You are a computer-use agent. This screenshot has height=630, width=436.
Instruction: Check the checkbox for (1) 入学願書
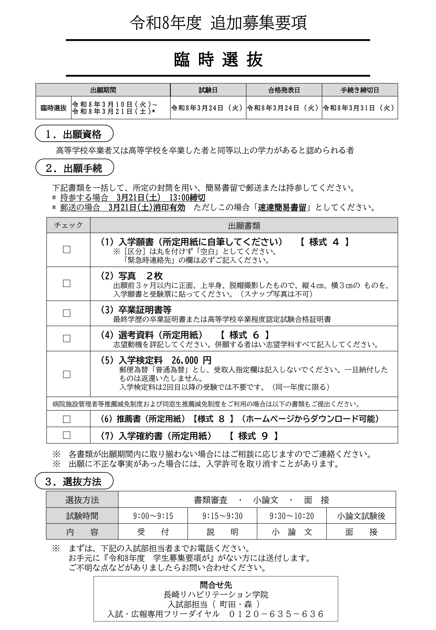click(67, 249)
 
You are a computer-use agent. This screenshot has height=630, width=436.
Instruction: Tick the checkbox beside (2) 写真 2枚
click(67, 283)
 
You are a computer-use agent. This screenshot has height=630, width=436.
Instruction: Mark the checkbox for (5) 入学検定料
click(67, 374)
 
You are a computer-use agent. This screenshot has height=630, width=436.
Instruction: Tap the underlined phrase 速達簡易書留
click(282, 208)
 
